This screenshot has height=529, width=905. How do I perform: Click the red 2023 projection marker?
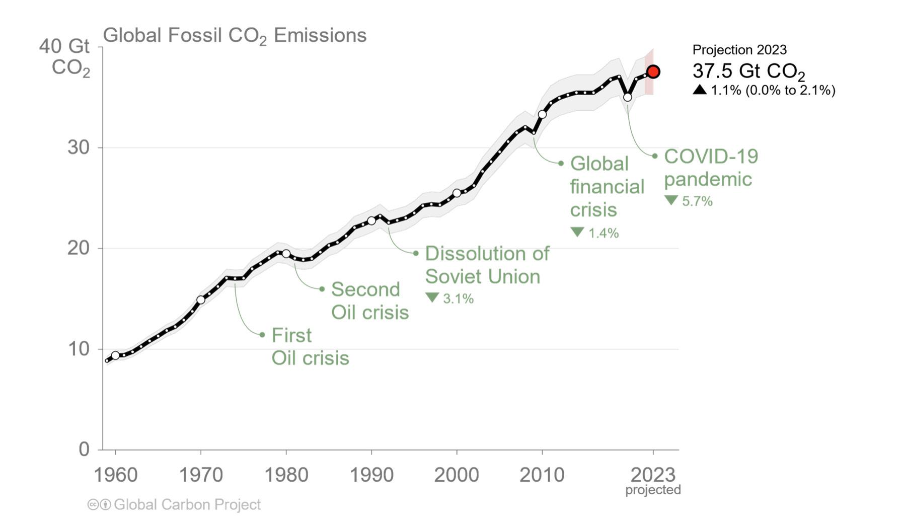pyautogui.click(x=653, y=72)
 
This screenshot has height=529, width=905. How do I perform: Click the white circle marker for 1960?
pyautogui.click(x=115, y=355)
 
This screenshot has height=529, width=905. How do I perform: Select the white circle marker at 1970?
pyautogui.click(x=201, y=300)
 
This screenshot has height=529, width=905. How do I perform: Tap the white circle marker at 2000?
pyautogui.click(x=457, y=193)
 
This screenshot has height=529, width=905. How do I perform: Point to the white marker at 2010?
pyautogui.click(x=542, y=114)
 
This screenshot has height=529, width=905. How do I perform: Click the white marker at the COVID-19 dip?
pyautogui.click(x=627, y=97)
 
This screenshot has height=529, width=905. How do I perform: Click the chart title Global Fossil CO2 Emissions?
pyautogui.click(x=235, y=36)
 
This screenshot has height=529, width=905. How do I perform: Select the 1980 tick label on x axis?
pyautogui.click(x=286, y=475)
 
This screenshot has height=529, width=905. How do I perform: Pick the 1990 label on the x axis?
pyautogui.click(x=371, y=475)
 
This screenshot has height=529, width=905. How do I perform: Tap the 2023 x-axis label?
pyautogui.click(x=653, y=475)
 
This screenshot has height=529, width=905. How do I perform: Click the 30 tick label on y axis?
pyautogui.click(x=78, y=147)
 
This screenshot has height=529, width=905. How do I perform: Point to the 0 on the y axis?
pyautogui.click(x=84, y=449)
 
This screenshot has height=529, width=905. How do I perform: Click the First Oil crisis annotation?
pyautogui.click(x=310, y=347)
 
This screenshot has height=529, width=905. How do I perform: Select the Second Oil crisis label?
pyautogui.click(x=369, y=301)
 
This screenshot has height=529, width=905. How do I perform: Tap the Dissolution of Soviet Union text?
pyautogui.click(x=487, y=265)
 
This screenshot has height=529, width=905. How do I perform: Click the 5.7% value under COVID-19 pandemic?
pyautogui.click(x=697, y=201)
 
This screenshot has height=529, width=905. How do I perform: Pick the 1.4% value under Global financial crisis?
pyautogui.click(x=603, y=233)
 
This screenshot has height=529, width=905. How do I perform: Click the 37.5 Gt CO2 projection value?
pyautogui.click(x=748, y=71)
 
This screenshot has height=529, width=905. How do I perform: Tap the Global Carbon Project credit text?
pyautogui.click(x=187, y=504)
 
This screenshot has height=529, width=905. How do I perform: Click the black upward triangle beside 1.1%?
pyautogui.click(x=700, y=90)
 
